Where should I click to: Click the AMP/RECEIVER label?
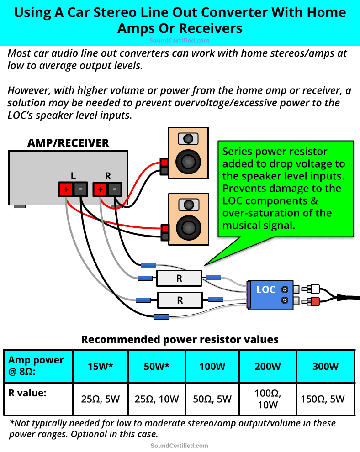pos(68,143)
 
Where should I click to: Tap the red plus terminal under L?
pos(65,189)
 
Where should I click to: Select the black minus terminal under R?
pos(115,189)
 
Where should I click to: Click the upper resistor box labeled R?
pos(179,278)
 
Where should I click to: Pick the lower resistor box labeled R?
pos(180,300)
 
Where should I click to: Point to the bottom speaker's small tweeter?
pos(187,204)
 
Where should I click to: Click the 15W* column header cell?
pos(100,366)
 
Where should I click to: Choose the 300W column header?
pos(325,366)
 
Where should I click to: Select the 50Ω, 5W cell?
pos(212,399)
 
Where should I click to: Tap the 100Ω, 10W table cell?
pos(268,399)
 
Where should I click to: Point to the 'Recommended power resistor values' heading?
pos(180,339)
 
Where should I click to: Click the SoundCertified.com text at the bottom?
pos(179,446)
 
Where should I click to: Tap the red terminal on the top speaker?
pos(164,162)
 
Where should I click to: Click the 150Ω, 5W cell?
pos(325,399)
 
